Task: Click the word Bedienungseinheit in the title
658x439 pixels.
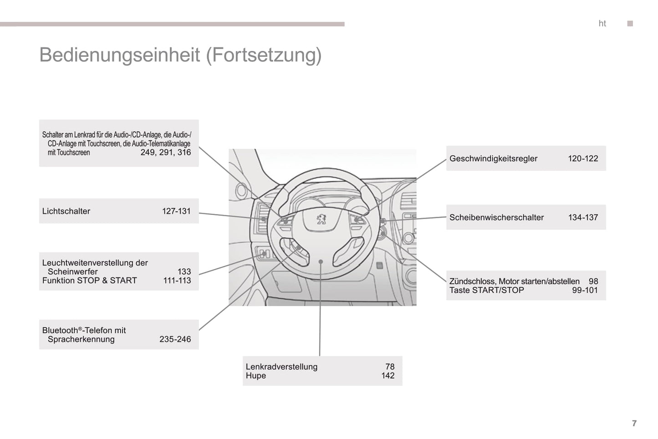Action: click(119, 55)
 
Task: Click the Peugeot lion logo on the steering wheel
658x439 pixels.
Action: click(322, 220)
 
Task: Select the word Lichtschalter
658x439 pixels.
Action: click(66, 211)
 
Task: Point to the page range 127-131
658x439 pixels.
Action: click(176, 211)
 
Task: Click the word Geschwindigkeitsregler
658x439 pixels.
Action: click(493, 159)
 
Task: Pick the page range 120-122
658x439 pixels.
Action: click(583, 159)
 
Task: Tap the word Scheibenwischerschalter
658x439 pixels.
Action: click(496, 218)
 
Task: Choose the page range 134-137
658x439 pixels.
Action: click(583, 218)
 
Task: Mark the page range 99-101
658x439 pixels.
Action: click(585, 291)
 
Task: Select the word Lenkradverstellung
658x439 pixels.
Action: click(281, 367)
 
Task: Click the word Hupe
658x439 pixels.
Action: click(256, 376)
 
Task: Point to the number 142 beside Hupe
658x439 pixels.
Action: click(388, 376)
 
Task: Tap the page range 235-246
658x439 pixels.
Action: click(175, 340)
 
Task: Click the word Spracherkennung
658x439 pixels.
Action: click(81, 340)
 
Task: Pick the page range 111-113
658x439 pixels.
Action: click(177, 281)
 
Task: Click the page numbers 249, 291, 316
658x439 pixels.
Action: click(166, 153)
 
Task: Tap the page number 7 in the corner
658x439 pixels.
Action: click(634, 424)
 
